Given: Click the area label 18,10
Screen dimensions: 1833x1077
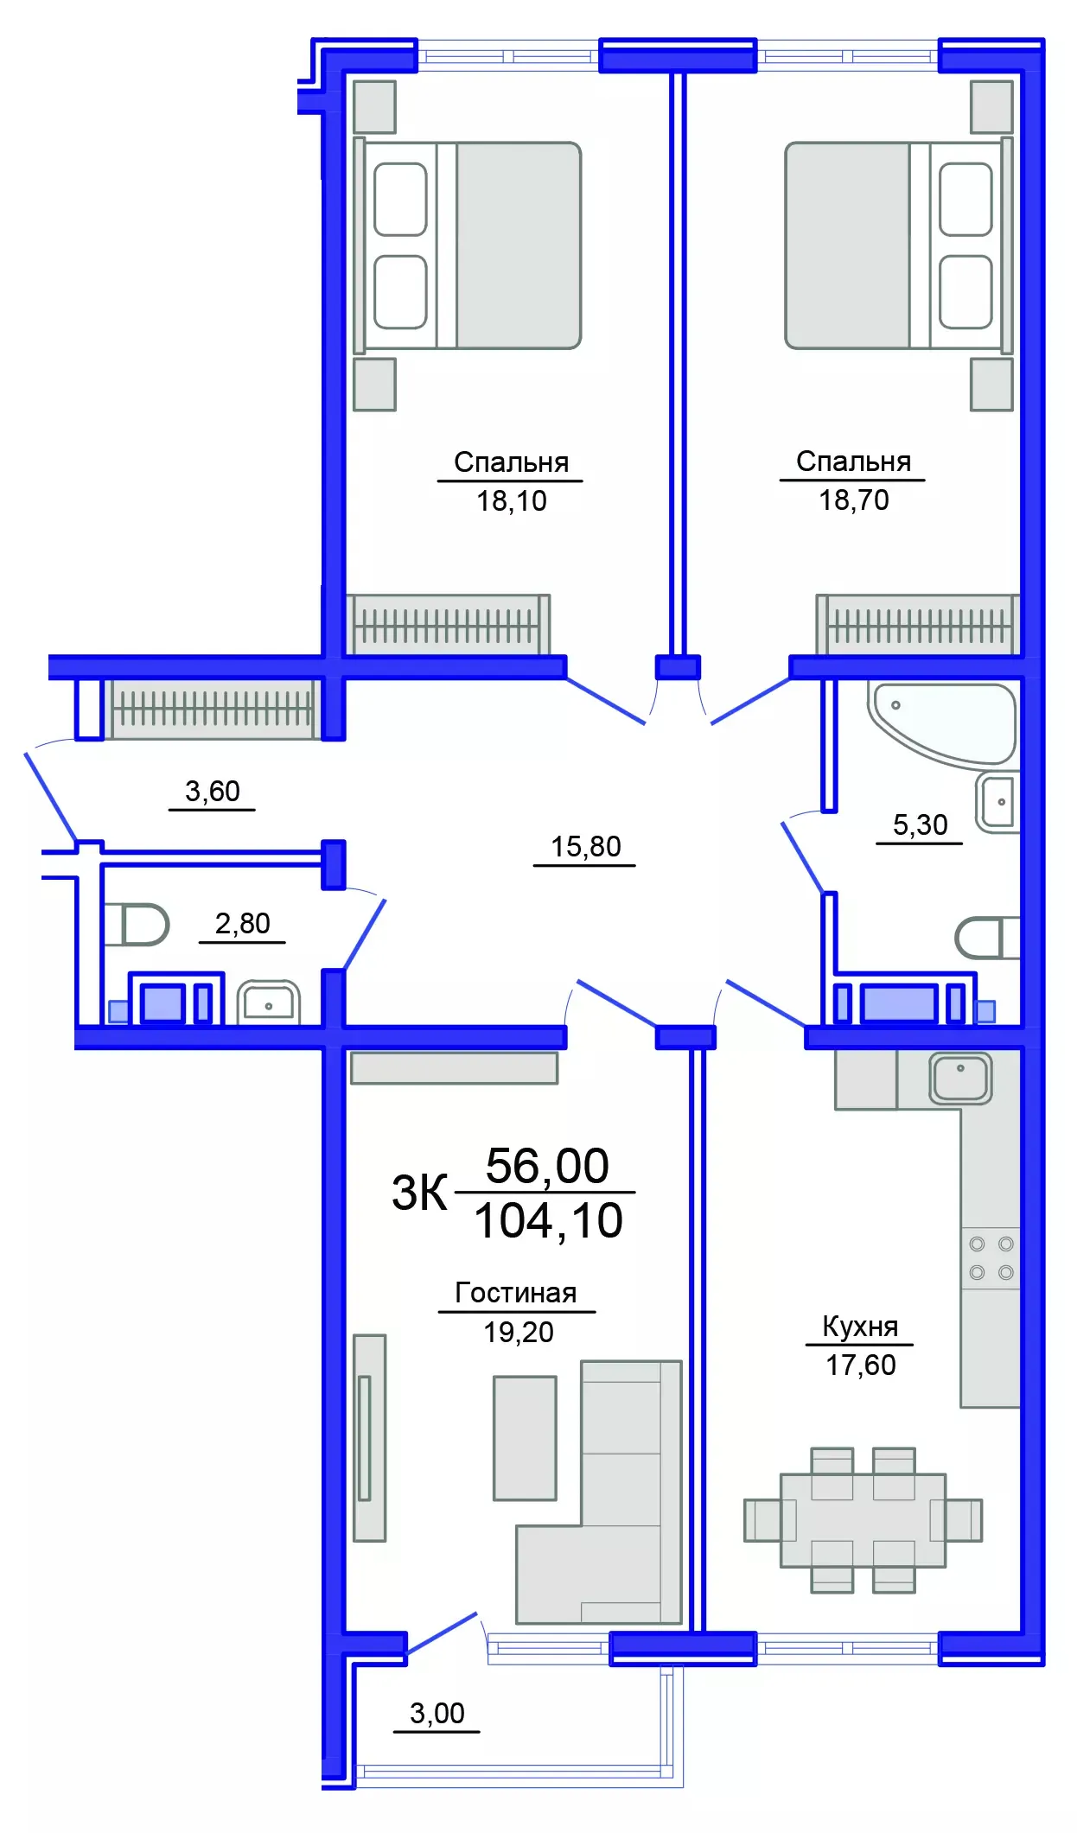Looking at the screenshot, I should pos(511,501).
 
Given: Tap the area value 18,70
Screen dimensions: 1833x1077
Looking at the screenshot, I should pos(853,500).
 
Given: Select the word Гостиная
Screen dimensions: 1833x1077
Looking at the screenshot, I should pos(515,1293).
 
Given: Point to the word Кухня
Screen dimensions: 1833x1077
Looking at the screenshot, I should pos(859,1327).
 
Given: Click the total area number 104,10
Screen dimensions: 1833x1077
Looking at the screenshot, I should pos(548,1221).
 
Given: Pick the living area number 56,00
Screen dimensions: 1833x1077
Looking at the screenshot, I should pos(547,1166).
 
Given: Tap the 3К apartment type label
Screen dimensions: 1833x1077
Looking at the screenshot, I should pos(419,1193).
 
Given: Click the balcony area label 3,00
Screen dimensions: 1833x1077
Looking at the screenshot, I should pos(437,1713).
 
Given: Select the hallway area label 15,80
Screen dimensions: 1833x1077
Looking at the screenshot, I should pos(585,847).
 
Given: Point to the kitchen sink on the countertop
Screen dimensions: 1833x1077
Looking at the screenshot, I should pos(960,1078).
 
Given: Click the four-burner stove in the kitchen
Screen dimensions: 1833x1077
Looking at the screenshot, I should pos(991,1258).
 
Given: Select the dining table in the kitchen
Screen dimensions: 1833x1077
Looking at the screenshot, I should pos(862,1521).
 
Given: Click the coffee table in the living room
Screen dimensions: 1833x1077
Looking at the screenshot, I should pos(525,1438).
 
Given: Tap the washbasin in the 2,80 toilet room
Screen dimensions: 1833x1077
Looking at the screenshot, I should pos(268,1002).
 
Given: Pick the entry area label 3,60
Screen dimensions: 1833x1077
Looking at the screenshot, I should pos(212,792).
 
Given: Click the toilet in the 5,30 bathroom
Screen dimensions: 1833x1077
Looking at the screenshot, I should pos(985,938).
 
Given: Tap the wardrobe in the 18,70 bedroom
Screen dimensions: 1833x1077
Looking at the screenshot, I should pos(918,625).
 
